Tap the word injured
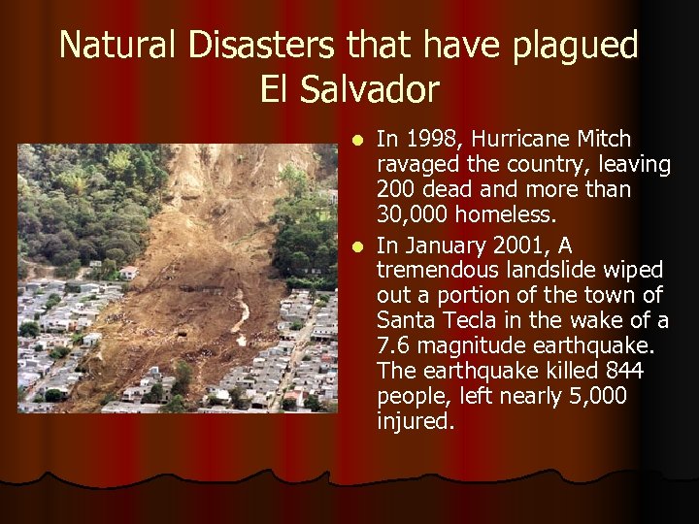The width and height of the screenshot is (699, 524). pyautogui.click(x=415, y=423)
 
